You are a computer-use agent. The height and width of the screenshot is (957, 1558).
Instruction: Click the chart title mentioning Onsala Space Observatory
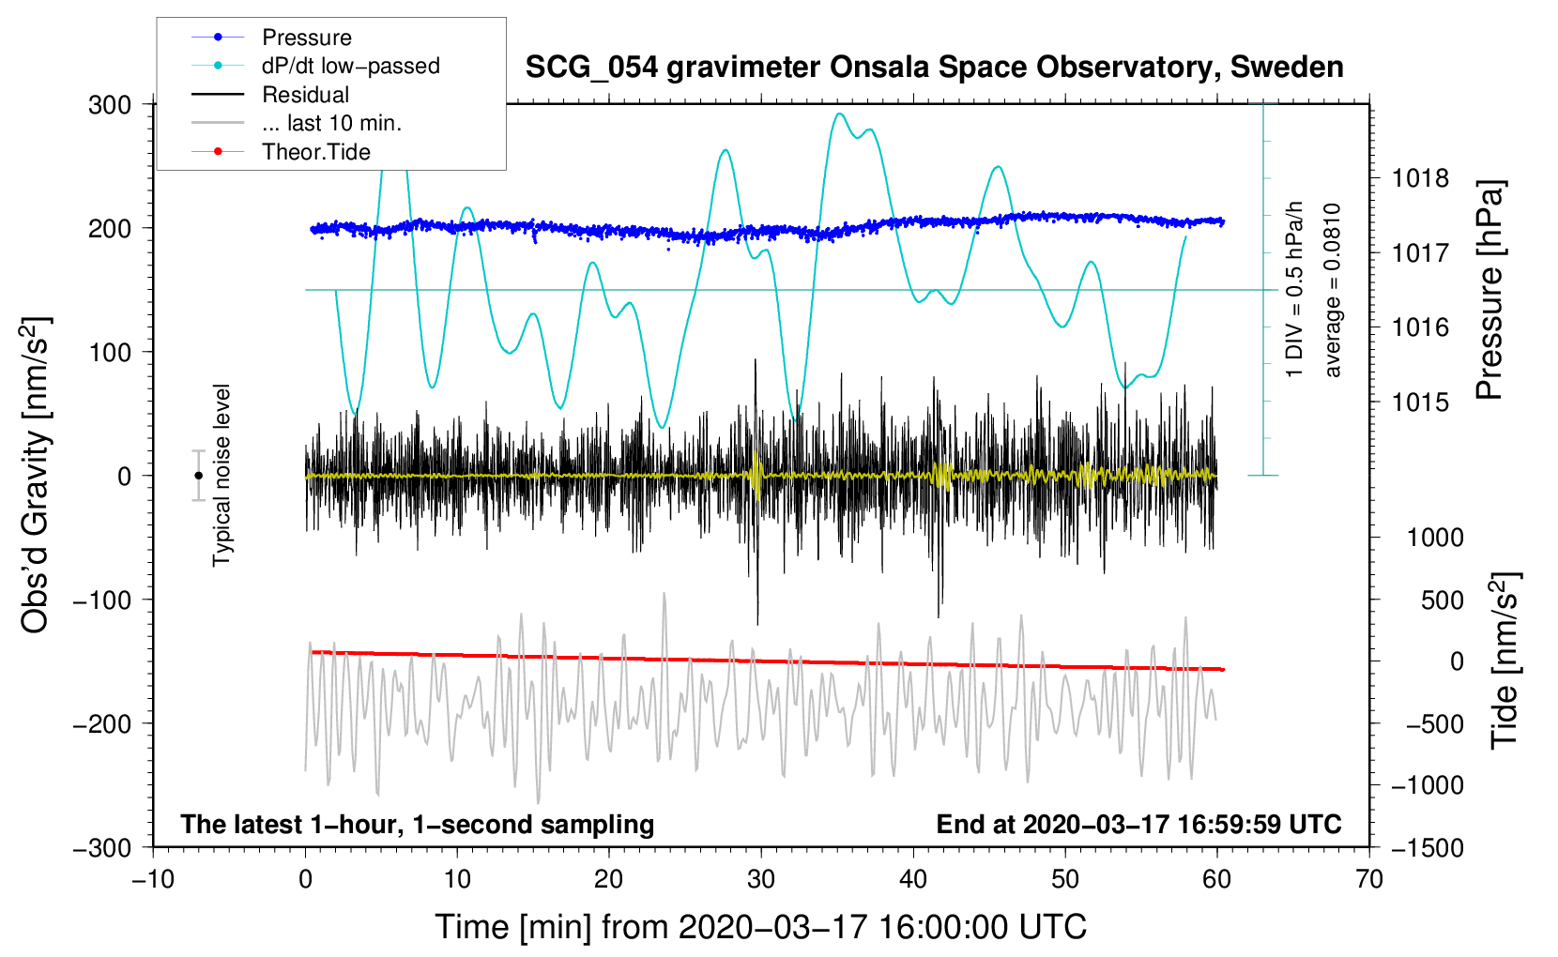(x=934, y=68)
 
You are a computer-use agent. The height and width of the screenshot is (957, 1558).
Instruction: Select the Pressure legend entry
(x=306, y=38)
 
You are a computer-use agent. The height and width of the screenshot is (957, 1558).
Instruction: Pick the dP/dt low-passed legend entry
(x=350, y=66)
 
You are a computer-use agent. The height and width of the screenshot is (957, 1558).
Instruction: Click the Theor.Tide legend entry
(x=315, y=152)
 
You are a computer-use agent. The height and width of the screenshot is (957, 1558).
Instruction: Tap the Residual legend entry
(x=305, y=95)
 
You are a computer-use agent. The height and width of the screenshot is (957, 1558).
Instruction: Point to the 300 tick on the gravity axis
(x=110, y=105)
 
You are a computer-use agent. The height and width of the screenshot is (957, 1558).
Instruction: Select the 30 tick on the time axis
(x=761, y=879)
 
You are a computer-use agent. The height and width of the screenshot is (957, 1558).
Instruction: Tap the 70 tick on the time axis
(x=1369, y=879)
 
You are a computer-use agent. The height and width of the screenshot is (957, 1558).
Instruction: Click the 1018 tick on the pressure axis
(x=1420, y=178)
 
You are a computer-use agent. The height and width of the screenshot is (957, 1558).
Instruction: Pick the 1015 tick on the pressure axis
(x=1420, y=403)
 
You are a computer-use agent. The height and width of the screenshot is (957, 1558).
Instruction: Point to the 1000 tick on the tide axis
(x=1435, y=538)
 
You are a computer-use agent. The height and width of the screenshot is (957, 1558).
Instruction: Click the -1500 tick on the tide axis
(x=1428, y=847)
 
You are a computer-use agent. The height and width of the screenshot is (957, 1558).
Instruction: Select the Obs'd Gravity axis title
(x=35, y=475)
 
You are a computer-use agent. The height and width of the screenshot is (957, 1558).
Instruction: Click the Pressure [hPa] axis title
(x=1489, y=291)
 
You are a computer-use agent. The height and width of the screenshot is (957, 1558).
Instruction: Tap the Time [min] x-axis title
(x=760, y=927)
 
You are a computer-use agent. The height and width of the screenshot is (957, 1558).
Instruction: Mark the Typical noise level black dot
(x=198, y=476)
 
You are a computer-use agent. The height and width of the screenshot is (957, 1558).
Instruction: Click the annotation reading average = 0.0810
(x=1333, y=290)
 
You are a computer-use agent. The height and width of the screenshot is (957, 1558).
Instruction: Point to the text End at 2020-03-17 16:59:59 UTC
(x=1138, y=825)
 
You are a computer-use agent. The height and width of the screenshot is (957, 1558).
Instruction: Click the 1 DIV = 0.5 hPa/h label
(x=1295, y=290)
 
